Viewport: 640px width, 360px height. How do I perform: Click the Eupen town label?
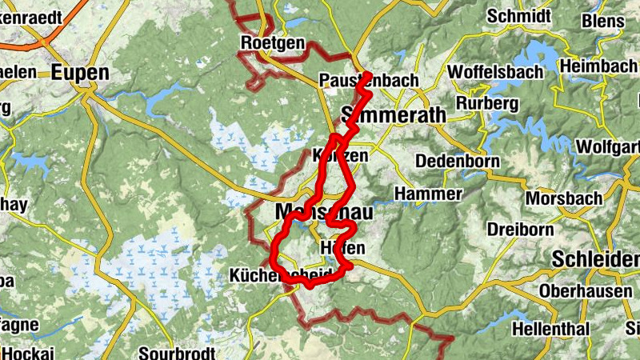point(79,73)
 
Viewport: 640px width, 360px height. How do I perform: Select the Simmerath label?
point(394,115)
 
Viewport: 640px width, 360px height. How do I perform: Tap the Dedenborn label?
point(457,161)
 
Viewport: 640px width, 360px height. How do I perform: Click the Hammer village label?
point(428,194)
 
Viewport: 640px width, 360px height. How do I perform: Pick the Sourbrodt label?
point(178,352)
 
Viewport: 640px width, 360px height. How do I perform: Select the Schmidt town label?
point(518,16)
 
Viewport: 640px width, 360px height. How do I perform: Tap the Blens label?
point(604,20)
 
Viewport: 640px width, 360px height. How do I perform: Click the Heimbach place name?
point(595,66)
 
